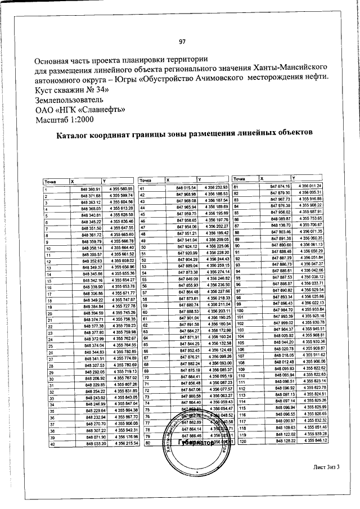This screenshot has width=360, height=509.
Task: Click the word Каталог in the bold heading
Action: (x=75, y=135)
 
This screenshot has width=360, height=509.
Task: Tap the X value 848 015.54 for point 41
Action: (x=186, y=187)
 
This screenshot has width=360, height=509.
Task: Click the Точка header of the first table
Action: (x=52, y=181)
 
